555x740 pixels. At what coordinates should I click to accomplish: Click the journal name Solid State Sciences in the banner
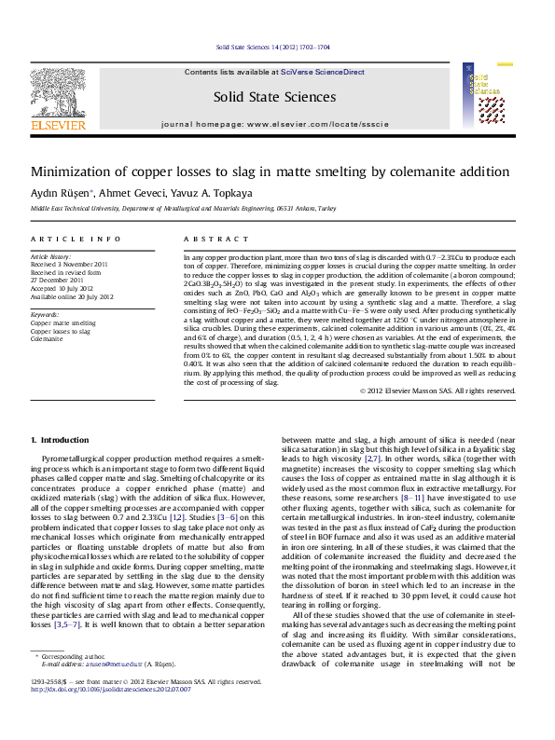(274, 97)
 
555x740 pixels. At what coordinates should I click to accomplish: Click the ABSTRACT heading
(207, 240)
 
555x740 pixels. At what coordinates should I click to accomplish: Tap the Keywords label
(46, 315)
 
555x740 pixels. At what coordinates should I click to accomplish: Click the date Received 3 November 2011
(69, 264)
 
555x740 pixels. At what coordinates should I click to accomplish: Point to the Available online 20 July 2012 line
(72, 296)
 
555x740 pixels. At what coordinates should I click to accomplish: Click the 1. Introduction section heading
(60, 439)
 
